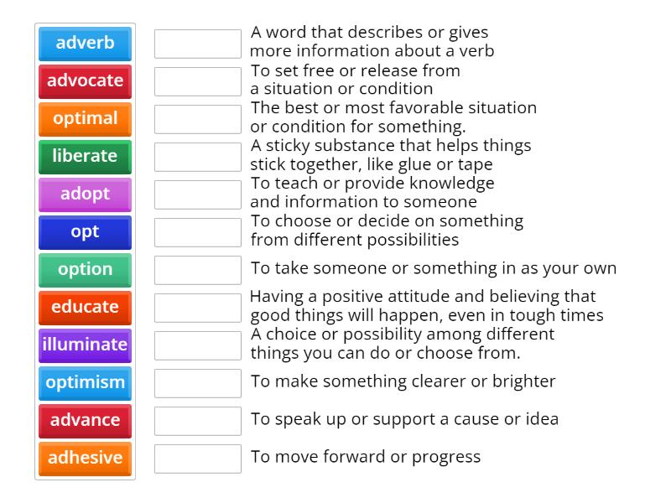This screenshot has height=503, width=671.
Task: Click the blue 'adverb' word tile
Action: pos(85,44)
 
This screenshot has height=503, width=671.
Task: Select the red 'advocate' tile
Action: pos(85,81)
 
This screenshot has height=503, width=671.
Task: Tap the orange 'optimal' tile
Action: pos(85,119)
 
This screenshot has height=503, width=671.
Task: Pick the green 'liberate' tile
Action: pos(85,157)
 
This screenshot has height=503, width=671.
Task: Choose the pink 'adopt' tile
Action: pos(85,194)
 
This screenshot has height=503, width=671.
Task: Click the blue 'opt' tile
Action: pos(85,232)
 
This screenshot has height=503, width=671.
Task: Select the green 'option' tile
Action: pos(85,270)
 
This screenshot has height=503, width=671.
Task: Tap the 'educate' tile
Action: pos(85,308)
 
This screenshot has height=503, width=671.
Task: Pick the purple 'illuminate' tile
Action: pos(85,345)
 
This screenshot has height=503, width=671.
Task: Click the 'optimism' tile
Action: pos(85,383)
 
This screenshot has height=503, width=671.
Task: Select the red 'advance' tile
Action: pos(85,421)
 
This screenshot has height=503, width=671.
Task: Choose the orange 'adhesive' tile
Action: pos(85,459)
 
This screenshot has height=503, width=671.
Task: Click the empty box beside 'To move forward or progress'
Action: pos(198,459)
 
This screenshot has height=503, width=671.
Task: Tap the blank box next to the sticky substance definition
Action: pos(198,157)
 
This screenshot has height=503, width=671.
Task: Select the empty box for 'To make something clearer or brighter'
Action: pos(198,383)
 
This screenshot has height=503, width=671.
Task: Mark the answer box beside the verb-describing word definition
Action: pos(198,44)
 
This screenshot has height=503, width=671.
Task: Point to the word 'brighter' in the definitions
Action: pos(521,381)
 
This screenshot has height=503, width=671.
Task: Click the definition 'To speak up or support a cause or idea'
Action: pos(404,419)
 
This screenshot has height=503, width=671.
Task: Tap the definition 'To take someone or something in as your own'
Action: pos(433,268)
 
